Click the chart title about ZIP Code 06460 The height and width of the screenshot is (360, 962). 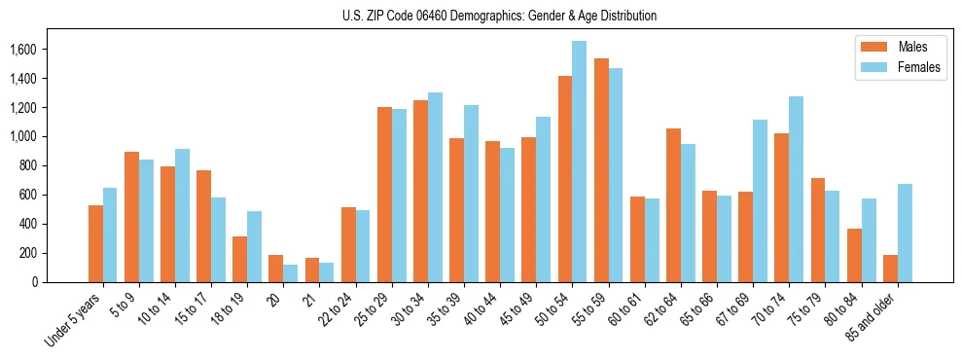click(x=499, y=16)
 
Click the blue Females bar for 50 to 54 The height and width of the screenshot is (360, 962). click(x=579, y=162)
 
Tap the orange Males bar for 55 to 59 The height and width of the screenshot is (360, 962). click(x=600, y=170)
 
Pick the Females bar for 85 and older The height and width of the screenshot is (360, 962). click(x=904, y=234)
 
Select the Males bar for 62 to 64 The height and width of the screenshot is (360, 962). click(x=673, y=205)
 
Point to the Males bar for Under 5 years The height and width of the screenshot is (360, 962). click(x=95, y=243)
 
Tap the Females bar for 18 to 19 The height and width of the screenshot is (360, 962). click(x=254, y=247)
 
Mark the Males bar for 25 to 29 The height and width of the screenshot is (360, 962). click(x=384, y=195)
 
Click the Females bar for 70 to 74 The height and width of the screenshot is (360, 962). click(x=796, y=190)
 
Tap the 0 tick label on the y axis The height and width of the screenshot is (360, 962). click(x=35, y=282)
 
